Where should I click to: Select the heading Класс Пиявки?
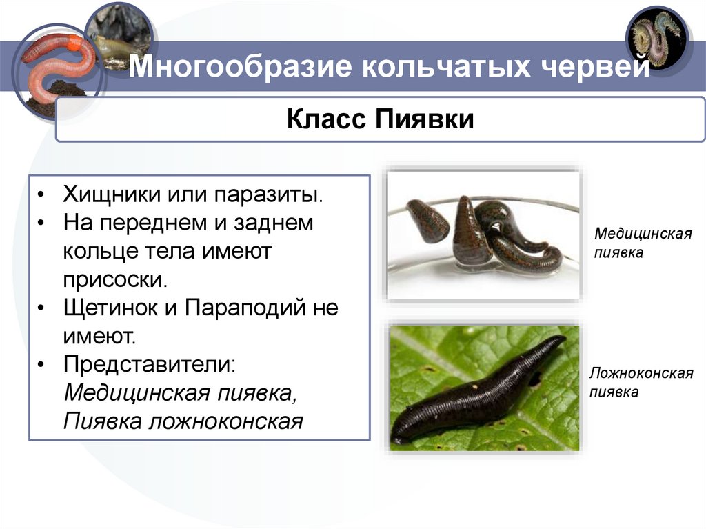[380, 119]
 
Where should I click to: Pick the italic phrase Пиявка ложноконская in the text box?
[183, 421]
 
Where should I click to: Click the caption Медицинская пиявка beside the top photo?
[642, 243]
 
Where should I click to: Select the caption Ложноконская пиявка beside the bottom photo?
[641, 383]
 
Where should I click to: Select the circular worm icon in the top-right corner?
[658, 39]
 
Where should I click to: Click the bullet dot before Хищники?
[43, 194]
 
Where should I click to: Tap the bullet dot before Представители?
[43, 364]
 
